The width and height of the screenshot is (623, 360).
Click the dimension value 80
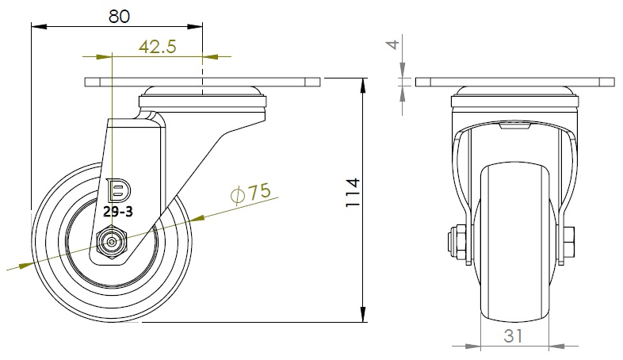pyautogui.click(x=119, y=17)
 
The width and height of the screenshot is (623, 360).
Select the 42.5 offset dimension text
pyautogui.click(x=158, y=47)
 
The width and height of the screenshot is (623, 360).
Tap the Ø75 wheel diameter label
pyautogui.click(x=251, y=193)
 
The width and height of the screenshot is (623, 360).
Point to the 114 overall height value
pyautogui.click(x=353, y=193)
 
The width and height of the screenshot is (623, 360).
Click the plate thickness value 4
pyautogui.click(x=393, y=44)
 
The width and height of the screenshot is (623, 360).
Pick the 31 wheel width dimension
pyautogui.click(x=514, y=335)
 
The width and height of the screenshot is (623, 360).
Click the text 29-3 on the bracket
pyautogui.click(x=118, y=213)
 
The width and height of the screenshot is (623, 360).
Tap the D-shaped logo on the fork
pyautogui.click(x=119, y=190)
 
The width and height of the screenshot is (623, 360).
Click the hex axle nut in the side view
pyautogui.click(x=112, y=242)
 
